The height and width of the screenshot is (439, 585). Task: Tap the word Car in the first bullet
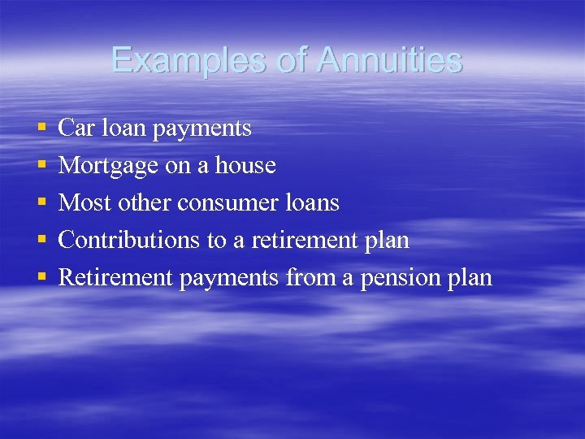pyautogui.click(x=77, y=128)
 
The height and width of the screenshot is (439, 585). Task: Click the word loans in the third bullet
pyautogui.click(x=313, y=203)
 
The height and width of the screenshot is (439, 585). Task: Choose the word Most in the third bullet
pyautogui.click(x=85, y=203)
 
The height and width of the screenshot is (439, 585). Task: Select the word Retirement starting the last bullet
pyautogui.click(x=116, y=278)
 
